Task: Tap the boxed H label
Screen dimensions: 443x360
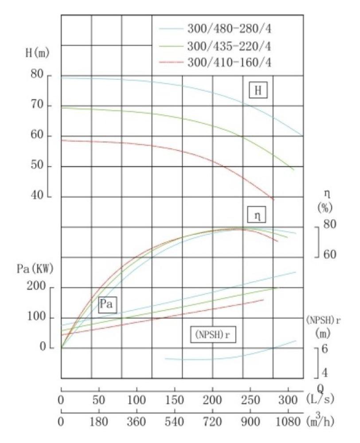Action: pos(258,90)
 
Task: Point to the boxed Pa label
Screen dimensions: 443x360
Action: pos(107,304)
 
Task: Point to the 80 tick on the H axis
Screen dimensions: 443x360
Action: pos(38,75)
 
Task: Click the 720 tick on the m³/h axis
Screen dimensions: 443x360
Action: pos(212,421)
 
